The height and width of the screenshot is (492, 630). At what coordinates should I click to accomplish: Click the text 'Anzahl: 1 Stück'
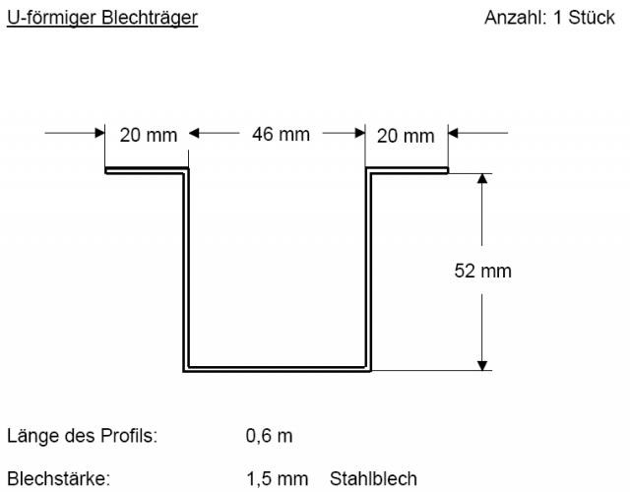(x=556, y=19)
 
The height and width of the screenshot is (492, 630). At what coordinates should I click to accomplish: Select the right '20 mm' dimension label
(x=405, y=136)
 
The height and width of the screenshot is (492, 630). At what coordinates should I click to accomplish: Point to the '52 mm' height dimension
(x=482, y=270)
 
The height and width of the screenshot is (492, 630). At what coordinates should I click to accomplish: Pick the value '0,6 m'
(x=269, y=434)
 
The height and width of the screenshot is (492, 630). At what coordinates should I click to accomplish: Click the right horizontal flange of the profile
(x=408, y=172)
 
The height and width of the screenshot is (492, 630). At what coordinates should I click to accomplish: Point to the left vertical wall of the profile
(x=185, y=271)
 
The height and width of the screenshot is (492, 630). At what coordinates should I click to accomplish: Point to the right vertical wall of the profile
(x=370, y=271)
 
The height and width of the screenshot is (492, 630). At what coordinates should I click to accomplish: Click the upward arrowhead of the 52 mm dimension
(x=482, y=180)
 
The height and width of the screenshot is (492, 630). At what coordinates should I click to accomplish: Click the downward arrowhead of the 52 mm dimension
(x=482, y=363)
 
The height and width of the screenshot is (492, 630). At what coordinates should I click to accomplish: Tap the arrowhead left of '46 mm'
(x=195, y=133)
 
